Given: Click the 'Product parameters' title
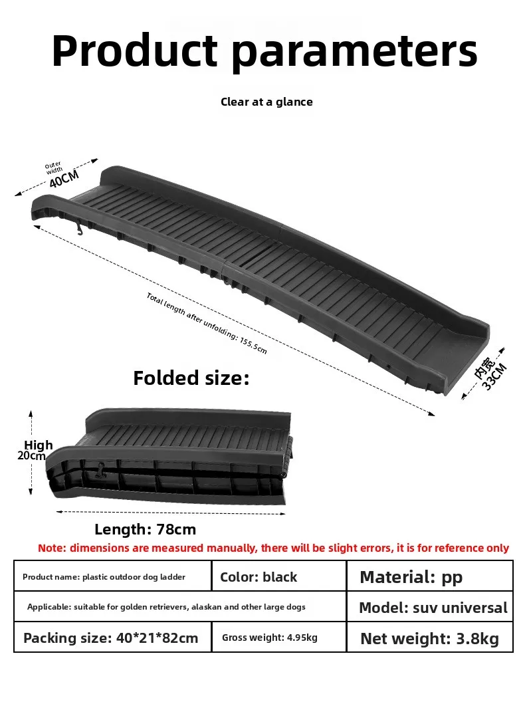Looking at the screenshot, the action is click(264, 51).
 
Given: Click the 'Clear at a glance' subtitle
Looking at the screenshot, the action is click(266, 102).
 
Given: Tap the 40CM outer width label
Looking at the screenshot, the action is click(64, 178).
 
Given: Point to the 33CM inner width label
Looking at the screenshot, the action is click(494, 376).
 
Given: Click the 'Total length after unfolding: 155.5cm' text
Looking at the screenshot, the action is click(207, 322).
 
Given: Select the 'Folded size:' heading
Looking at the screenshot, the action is click(191, 378).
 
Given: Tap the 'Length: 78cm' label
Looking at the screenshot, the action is click(145, 529).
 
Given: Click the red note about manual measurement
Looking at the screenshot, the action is click(273, 548).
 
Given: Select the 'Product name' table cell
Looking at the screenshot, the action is click(112, 576).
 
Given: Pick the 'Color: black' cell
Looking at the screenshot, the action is click(279, 576).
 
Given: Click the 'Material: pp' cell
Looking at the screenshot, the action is click(430, 576).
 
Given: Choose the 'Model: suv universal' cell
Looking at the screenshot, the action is click(430, 606).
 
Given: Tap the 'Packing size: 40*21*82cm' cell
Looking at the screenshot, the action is click(112, 637).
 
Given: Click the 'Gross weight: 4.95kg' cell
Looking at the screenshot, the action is click(279, 637).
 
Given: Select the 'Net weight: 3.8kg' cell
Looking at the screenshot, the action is click(430, 637).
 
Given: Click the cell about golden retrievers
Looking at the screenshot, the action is click(180, 606).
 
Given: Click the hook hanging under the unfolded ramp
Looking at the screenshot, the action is click(80, 226).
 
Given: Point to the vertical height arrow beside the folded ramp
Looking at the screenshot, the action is click(31, 453).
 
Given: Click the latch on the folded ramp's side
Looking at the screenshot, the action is click(100, 470).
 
